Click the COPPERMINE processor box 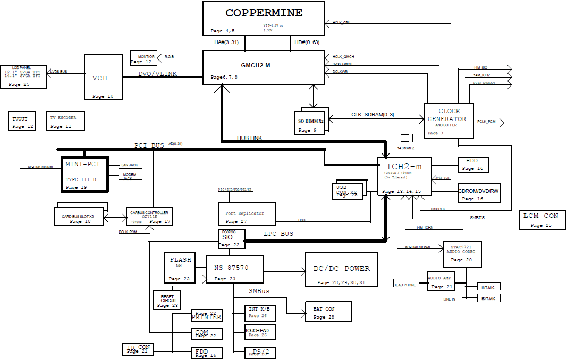click(264, 18)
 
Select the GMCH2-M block click(264, 67)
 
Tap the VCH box click(103, 77)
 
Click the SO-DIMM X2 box click(311, 122)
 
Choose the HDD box click(473, 165)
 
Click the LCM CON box click(541, 220)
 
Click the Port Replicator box click(247, 215)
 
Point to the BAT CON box click(328, 312)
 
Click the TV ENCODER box click(65, 121)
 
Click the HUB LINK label click(249, 139)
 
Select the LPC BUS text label click(278, 234)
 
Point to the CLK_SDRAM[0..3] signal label click(373, 115)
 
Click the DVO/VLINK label click(157, 74)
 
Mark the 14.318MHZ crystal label click(406, 148)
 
